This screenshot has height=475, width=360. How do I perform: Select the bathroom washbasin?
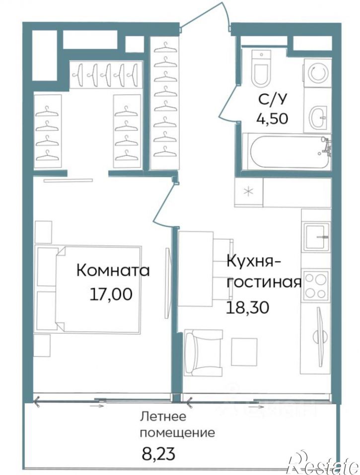click(318, 117)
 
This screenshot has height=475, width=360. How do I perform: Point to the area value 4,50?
click(273, 119)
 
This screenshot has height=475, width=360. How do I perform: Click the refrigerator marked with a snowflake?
click(249, 191)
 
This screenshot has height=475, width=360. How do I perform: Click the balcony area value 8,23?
click(157, 453)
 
